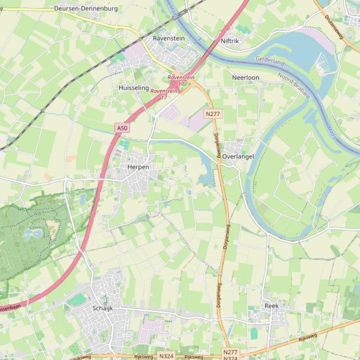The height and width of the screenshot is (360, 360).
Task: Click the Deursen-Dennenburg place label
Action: tap(86, 8)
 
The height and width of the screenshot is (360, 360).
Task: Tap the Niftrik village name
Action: tap(230, 41)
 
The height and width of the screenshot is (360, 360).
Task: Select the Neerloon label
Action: tap(245, 77)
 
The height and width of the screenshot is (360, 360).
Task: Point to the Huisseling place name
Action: tap(133, 87)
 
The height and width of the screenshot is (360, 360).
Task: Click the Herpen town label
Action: tap(138, 167)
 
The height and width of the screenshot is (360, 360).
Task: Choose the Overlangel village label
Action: tap(238, 157)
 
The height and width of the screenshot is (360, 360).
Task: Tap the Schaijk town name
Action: tap(103, 308)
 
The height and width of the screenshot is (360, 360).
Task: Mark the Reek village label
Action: tap(272, 306)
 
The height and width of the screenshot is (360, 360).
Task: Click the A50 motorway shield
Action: tap(122, 128)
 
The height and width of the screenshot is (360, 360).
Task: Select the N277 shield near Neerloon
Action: tap(213, 114)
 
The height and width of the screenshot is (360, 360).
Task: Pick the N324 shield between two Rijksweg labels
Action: tap(166, 356)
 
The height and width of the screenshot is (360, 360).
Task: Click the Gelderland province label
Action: tap(270, 62)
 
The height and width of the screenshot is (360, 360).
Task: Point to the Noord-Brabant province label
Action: tap(294, 85)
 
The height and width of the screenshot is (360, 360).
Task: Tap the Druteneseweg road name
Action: tap(334, 26)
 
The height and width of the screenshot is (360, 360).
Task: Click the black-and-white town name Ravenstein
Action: tap(169, 38)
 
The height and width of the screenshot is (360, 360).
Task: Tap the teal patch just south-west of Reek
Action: tap(254, 333)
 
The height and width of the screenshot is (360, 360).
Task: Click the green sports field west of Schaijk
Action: tap(77, 300)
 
